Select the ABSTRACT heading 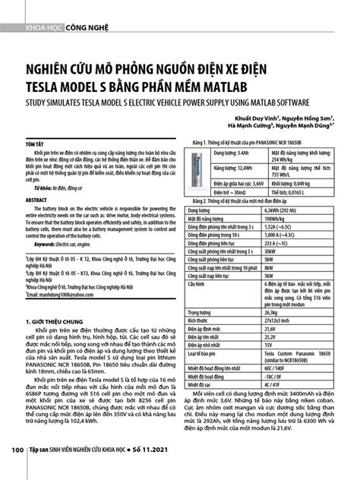point(36,201)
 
